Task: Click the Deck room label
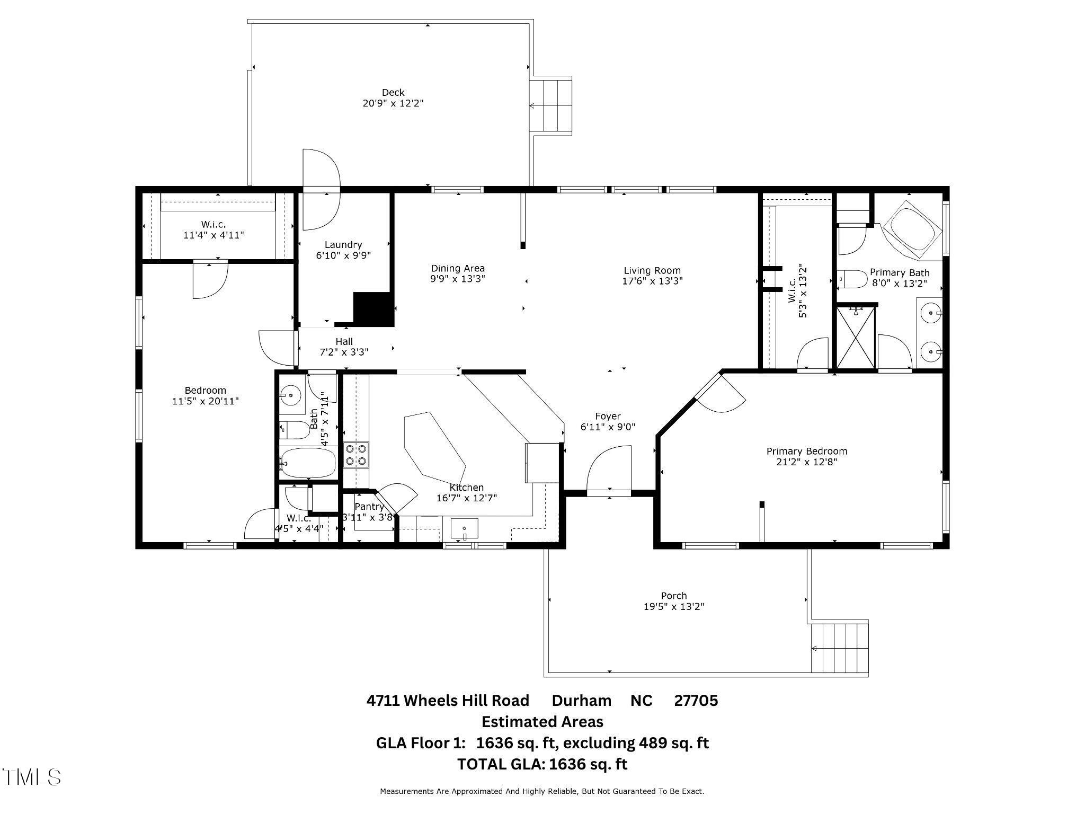[393, 93]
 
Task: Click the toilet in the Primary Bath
[851, 279]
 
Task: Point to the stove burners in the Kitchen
[356, 455]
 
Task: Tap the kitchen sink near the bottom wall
[464, 529]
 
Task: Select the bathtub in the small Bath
[308, 463]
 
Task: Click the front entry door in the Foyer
[609, 470]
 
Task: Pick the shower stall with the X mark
[855, 338]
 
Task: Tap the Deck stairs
[551, 105]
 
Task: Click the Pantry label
[369, 507]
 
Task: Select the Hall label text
[344, 341]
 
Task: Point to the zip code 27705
[696, 701]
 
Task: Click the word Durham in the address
[581, 701]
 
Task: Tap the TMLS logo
[31, 777]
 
